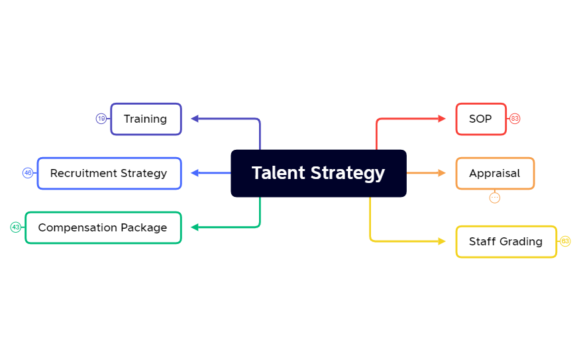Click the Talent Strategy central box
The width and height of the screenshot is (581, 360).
[318, 173]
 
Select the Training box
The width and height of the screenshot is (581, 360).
[146, 119]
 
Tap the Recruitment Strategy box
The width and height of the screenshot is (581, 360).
[109, 173]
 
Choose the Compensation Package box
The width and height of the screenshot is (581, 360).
[103, 227]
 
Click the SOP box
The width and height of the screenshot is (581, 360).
[481, 119]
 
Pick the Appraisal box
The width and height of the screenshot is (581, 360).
[495, 173]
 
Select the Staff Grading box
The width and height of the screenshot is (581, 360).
[506, 241]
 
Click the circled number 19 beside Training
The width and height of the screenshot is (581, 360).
[101, 119]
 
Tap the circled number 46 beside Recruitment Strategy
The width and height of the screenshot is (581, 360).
[28, 173]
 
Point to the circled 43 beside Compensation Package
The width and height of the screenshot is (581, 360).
[15, 227]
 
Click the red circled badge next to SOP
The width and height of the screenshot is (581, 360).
[515, 119]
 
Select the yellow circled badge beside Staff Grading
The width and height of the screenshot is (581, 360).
[565, 241]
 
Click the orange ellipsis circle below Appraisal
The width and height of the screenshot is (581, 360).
[495, 198]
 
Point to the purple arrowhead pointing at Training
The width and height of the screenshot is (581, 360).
[195, 119]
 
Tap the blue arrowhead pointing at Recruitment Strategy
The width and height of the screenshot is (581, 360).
[195, 173]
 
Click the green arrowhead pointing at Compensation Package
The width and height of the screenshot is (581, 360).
[195, 227]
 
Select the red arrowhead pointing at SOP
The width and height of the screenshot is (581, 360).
[442, 119]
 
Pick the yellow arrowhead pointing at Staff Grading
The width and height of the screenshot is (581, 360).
[442, 241]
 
